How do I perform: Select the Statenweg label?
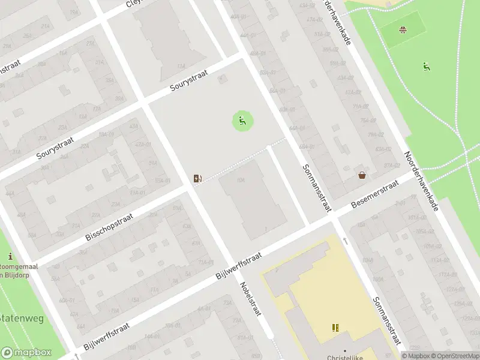pyautogui.click(x=22, y=319)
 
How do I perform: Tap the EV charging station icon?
pyautogui.click(x=197, y=178)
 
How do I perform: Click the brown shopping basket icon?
pyautogui.click(x=362, y=175)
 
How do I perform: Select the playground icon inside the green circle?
pyautogui.click(x=242, y=122)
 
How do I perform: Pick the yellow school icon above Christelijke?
pyautogui.click(x=335, y=328)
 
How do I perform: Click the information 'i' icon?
pyautogui.click(x=10, y=257)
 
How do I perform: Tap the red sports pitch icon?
pyautogui.click(x=403, y=29)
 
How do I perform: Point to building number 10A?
pyautogui.click(x=241, y=180)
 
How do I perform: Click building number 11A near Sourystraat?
pyautogui.click(x=181, y=66)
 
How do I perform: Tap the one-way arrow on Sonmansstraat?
pyautogui.click(x=346, y=241)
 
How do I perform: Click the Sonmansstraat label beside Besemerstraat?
pyautogui.click(x=317, y=188)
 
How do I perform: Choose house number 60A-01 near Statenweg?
pyautogui.click(x=65, y=301)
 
